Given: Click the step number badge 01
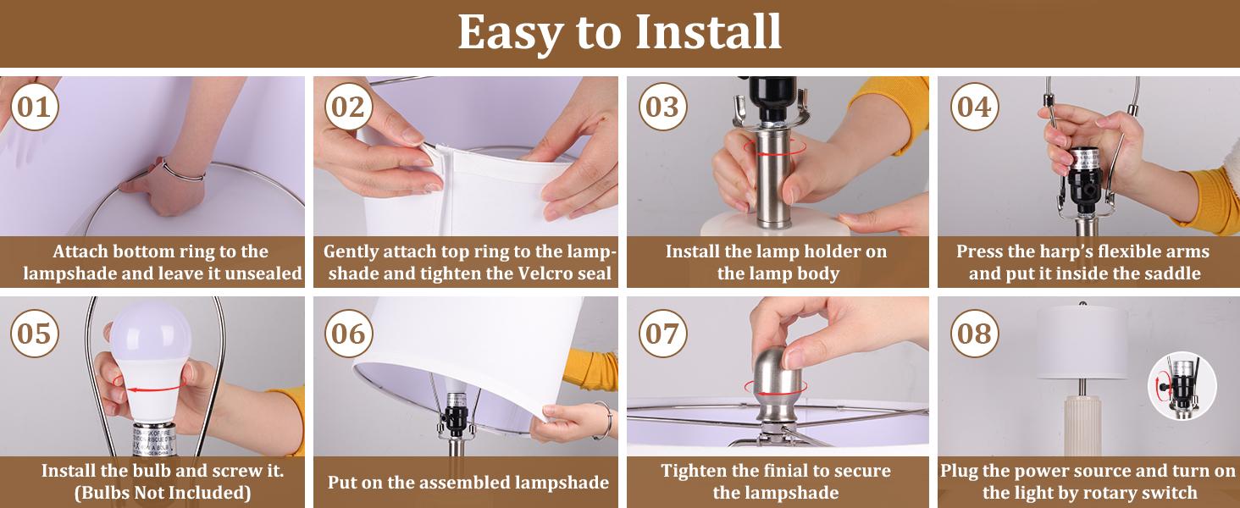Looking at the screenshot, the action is click(x=35, y=107).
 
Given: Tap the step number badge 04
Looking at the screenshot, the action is click(x=974, y=107).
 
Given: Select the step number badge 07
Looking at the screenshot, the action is click(x=662, y=334).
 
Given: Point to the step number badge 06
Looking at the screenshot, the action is click(x=348, y=334).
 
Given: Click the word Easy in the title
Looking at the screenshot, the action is click(x=510, y=33).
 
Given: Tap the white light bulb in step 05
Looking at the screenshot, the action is click(x=149, y=362).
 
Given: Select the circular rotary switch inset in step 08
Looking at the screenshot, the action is click(x=1182, y=386).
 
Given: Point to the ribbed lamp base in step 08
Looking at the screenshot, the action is click(x=1082, y=425).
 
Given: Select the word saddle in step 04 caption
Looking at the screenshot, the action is click(x=1174, y=273).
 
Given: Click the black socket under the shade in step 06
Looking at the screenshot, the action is click(x=457, y=415).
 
